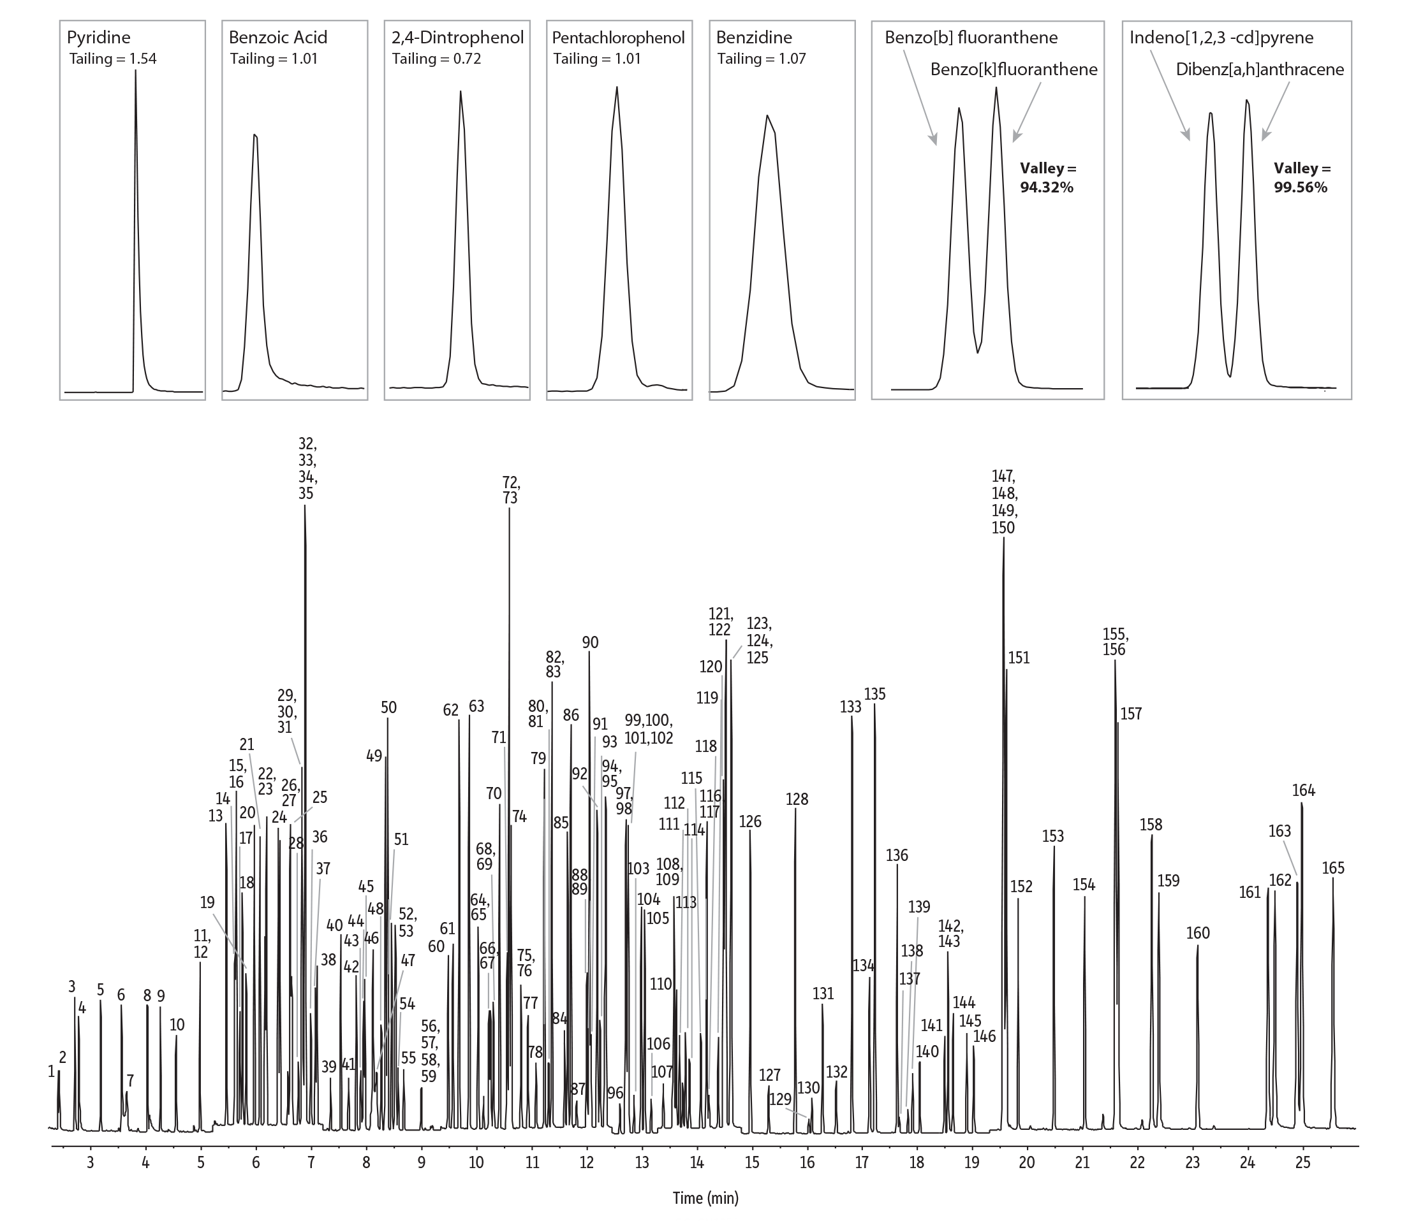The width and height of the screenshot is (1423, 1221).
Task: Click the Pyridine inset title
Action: pos(98,37)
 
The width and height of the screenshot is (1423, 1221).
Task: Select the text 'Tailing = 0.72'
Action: pos(436,59)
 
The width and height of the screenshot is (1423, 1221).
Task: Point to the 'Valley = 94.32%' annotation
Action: pos(1047,178)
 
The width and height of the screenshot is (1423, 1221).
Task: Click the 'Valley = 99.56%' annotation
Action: pos(1301,178)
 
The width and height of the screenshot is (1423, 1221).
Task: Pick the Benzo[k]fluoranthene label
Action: pos(1014,69)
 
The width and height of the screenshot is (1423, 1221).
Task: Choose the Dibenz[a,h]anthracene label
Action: pos(1260,69)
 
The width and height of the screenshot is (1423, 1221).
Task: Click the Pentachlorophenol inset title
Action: pos(618,37)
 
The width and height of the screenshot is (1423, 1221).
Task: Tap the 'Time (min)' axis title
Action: pos(705,1197)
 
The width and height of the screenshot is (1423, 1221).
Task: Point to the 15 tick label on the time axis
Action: pos(752,1162)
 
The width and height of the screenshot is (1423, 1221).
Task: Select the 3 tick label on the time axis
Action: pos(91,1162)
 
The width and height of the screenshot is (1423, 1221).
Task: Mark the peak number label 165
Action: pos(1333,868)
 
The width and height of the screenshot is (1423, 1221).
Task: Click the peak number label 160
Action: pos(1198,933)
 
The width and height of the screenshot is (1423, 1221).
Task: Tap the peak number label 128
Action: pos(797,799)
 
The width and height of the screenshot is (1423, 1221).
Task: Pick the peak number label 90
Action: pos(590,642)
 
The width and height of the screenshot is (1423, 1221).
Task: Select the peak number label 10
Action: pos(177,1025)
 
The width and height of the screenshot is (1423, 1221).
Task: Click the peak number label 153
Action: pos(1053,836)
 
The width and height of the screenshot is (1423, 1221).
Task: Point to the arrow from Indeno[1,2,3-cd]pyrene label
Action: pos(1170,94)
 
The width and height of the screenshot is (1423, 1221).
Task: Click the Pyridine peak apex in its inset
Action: pos(135,71)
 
